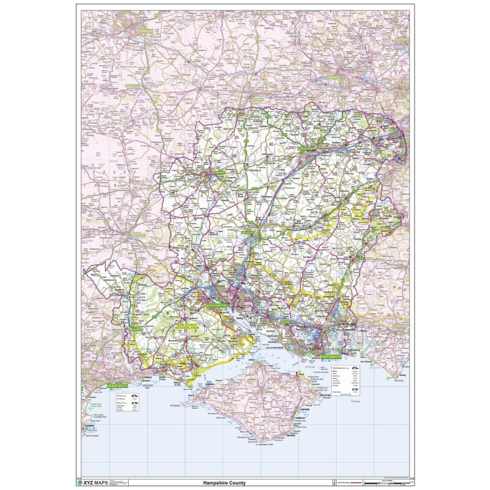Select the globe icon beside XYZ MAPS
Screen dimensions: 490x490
point(79,482)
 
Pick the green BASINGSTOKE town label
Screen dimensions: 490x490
point(307,148)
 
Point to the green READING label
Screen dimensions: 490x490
point(350,70)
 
